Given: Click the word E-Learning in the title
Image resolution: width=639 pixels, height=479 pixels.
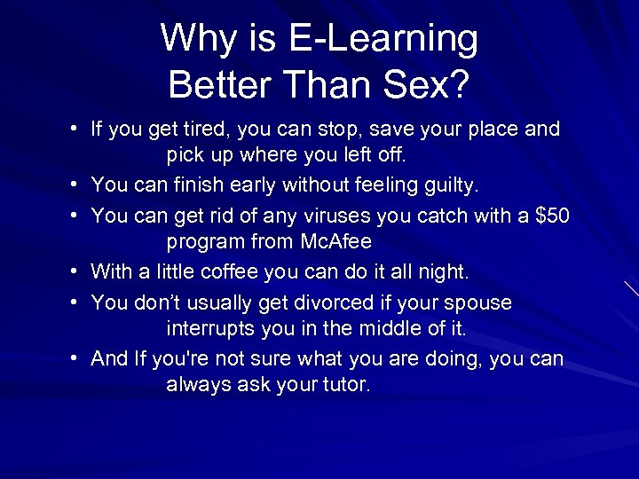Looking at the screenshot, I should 383,39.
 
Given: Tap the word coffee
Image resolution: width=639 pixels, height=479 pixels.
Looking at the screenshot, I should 232,271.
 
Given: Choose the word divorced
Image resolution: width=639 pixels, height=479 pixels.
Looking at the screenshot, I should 300,302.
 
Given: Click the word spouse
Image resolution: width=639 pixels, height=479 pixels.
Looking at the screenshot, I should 478,302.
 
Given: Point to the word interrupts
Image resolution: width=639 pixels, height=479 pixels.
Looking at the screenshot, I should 210,328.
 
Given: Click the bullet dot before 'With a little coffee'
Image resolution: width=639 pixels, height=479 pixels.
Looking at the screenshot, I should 77,271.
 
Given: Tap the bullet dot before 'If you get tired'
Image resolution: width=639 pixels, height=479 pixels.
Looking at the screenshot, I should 77,130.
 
